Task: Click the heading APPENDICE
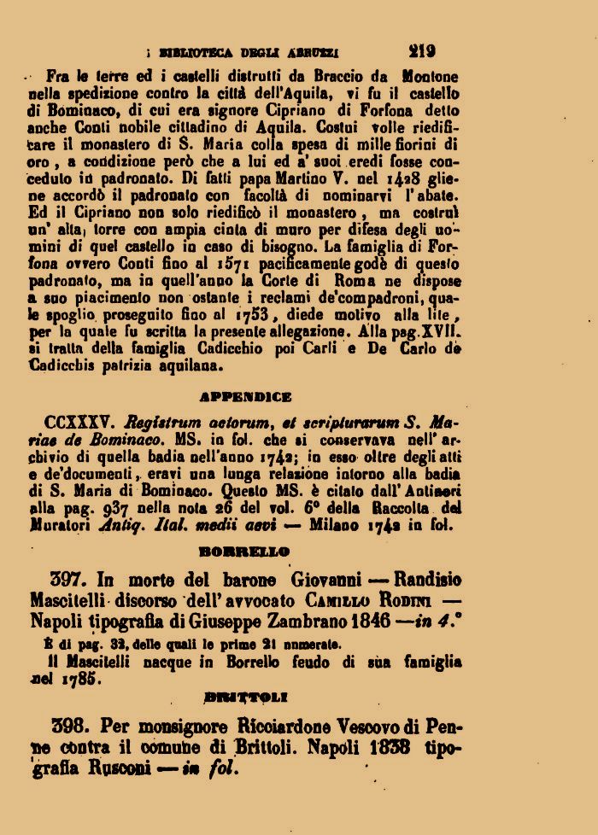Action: pos(245,396)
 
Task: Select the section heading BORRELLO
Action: pos(245,552)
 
